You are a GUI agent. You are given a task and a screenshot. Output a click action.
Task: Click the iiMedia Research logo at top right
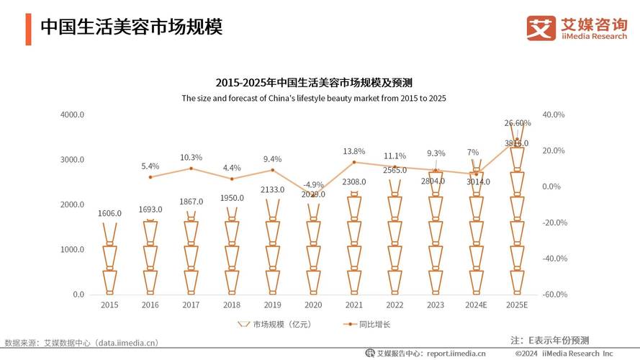(576, 28)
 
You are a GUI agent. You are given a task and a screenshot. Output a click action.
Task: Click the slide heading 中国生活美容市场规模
(131, 27)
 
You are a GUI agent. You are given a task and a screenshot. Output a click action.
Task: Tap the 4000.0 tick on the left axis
(73, 114)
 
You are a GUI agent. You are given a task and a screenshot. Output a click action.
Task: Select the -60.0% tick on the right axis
(554, 294)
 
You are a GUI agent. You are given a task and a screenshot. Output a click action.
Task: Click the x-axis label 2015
(109, 305)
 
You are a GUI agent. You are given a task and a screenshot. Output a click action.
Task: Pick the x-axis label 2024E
(476, 305)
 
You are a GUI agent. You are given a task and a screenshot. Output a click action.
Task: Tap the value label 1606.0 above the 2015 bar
(109, 213)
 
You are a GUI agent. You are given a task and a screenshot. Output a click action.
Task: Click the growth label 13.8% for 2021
(353, 151)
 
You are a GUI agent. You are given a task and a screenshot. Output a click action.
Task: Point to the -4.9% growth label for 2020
(313, 184)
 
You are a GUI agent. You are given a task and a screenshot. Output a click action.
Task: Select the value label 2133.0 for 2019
(272, 189)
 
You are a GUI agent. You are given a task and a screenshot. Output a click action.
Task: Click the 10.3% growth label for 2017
(191, 157)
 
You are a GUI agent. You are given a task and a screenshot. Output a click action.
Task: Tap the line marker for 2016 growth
(150, 177)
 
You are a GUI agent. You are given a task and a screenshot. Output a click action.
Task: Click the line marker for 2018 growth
(232, 179)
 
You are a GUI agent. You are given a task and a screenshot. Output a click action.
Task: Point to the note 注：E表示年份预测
(549, 339)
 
